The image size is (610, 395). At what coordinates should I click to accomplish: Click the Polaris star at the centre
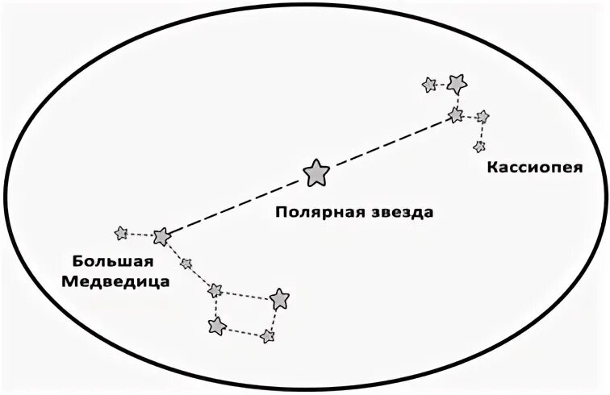pyautogui.click(x=316, y=172)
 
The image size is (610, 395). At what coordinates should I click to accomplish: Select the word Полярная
pyautogui.click(x=311, y=213)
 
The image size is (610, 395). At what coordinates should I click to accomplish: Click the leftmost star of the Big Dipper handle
pyautogui.click(x=121, y=233)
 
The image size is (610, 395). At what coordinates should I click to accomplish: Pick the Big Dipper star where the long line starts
pyautogui.click(x=161, y=236)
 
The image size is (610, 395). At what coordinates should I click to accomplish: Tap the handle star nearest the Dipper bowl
pyautogui.click(x=186, y=263)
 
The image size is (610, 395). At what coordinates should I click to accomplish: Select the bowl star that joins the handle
pyautogui.click(x=215, y=290)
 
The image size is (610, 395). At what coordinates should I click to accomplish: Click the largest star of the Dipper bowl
pyautogui.click(x=280, y=299)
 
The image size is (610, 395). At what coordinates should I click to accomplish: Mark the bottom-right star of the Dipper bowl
pyautogui.click(x=267, y=335)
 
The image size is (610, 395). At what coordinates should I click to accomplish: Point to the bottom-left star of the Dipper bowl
pyautogui.click(x=216, y=326)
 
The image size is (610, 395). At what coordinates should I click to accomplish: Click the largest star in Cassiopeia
pyautogui.click(x=457, y=82)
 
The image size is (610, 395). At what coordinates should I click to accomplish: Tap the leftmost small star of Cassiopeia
pyautogui.click(x=429, y=84)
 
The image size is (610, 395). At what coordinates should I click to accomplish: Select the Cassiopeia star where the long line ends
pyautogui.click(x=457, y=115)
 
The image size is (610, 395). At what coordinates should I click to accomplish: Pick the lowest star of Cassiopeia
pyautogui.click(x=479, y=147)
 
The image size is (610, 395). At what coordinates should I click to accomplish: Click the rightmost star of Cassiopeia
pyautogui.click(x=483, y=117)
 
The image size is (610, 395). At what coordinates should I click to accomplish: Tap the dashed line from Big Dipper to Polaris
pyautogui.click(x=238, y=204)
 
